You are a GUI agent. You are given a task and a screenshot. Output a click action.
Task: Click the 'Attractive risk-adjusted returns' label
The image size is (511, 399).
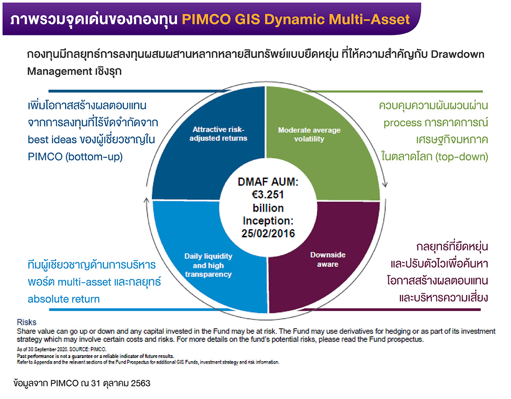point(220,134)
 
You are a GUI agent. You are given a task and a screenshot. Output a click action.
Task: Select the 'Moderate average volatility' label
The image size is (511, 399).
point(309,134)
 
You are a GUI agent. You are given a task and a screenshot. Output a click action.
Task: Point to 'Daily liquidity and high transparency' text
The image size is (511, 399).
point(208,265)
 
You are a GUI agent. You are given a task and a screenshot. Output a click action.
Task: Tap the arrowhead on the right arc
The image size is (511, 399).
point(385,184)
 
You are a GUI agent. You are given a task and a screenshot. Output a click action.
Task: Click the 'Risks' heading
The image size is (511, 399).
point(26,322)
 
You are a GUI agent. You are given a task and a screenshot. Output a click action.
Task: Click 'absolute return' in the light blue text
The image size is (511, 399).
point(63,299)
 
